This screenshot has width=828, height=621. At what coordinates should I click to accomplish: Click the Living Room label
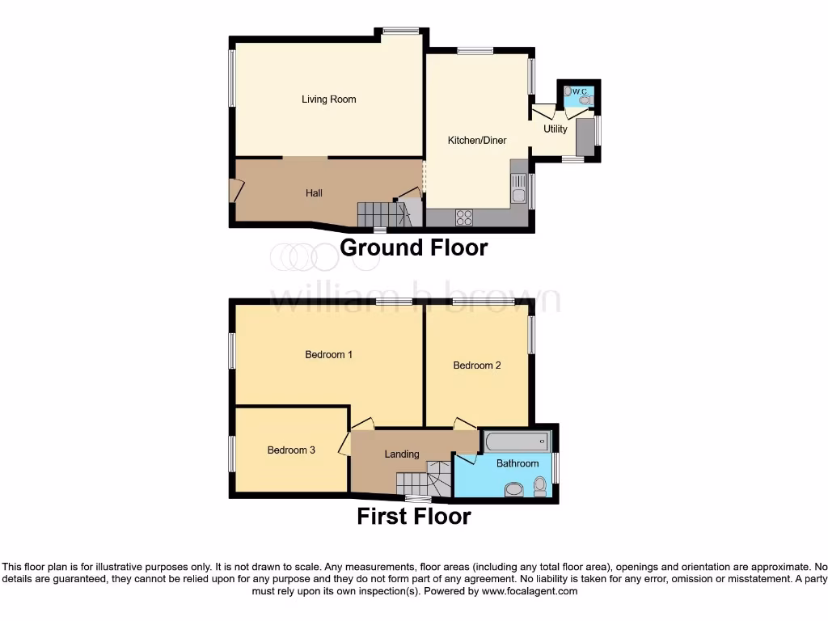point(328,99)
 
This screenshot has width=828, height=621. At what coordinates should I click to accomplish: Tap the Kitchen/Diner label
point(477,141)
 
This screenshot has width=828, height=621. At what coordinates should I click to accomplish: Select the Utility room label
point(556,129)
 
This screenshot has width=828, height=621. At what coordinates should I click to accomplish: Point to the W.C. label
point(579,92)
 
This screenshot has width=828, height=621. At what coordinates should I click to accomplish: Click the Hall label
point(314,193)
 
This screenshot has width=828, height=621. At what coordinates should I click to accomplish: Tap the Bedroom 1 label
point(328,354)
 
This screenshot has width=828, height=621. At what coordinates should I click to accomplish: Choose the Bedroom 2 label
point(477,365)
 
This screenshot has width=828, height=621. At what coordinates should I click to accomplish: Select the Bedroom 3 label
point(291,450)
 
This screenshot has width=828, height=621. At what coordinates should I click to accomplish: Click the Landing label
point(401,454)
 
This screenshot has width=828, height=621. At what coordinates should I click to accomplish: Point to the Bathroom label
point(517,463)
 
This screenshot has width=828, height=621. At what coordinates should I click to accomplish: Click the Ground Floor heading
point(414,247)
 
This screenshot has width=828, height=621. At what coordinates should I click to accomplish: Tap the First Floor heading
point(414,516)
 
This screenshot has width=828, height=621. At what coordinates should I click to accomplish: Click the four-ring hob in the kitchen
point(465,217)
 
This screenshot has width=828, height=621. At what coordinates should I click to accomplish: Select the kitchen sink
point(518,191)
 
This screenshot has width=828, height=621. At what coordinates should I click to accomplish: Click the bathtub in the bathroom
point(517,441)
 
